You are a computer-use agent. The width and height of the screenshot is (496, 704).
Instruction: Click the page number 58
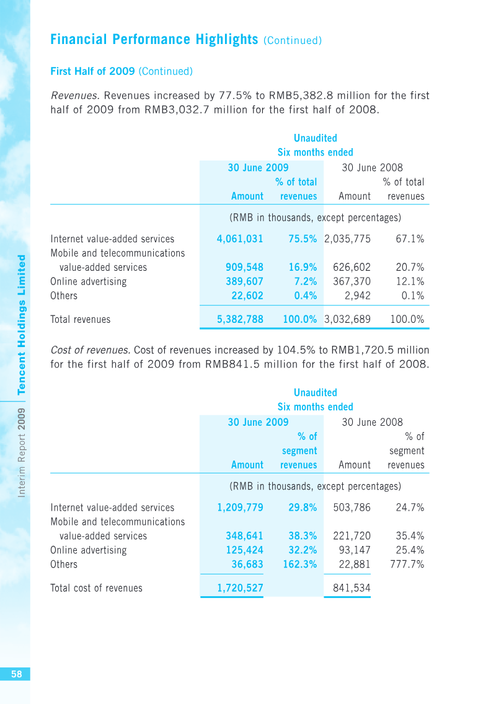[17, 674]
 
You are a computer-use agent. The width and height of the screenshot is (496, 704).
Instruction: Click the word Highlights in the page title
[227, 40]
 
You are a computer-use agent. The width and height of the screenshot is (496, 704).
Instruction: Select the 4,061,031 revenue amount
[240, 239]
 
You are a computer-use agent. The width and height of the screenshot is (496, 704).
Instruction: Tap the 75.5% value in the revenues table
[303, 239]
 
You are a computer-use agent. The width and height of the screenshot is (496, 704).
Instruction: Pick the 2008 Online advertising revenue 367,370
[352, 281]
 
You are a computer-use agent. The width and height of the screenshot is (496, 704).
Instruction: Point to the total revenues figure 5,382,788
[240, 319]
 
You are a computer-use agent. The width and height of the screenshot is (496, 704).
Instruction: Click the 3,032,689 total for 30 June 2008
[347, 319]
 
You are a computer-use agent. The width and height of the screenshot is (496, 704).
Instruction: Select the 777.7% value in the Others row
[407, 565]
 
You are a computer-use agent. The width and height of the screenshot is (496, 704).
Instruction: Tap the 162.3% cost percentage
[299, 565]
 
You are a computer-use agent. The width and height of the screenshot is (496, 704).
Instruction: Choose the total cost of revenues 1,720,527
[240, 588]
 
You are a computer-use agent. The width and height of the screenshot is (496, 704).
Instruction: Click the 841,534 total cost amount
[352, 588]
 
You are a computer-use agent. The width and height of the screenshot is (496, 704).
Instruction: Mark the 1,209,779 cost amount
[240, 508]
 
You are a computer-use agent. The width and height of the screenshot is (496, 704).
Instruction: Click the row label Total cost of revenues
[96, 588]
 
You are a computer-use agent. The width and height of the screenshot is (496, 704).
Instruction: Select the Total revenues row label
[81, 319]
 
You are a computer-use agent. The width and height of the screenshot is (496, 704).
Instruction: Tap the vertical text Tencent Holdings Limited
[22, 325]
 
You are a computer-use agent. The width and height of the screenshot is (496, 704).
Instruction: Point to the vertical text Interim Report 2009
[22, 452]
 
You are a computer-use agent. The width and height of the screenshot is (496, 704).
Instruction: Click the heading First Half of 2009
[92, 71]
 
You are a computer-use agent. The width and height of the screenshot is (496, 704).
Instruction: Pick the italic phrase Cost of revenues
[91, 350]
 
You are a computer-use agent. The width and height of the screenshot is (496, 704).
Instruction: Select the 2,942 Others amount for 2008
[358, 296]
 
